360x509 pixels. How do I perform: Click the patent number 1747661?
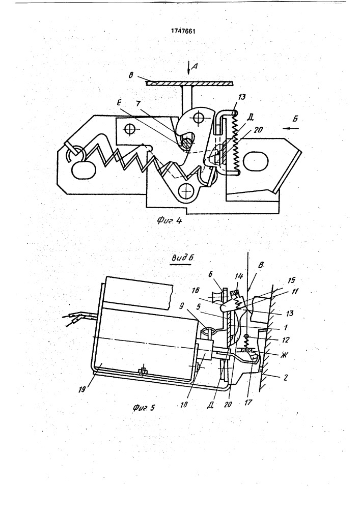[x=183, y=32]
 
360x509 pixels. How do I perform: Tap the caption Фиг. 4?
[x=170, y=221]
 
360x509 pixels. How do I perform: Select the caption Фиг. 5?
[x=144, y=407]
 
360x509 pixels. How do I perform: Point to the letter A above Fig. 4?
[x=194, y=67]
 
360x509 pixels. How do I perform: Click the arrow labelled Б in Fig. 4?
[x=291, y=128]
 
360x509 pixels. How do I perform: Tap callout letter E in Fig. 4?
[x=119, y=103]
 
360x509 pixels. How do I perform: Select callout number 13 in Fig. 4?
[x=242, y=97]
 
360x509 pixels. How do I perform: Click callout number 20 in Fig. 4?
[x=258, y=130]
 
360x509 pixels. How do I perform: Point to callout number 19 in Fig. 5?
[x=82, y=388]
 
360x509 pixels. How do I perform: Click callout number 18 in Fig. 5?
[x=184, y=405]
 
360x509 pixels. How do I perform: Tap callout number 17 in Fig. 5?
[x=249, y=403]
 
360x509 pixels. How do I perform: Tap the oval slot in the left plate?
[x=81, y=170]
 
